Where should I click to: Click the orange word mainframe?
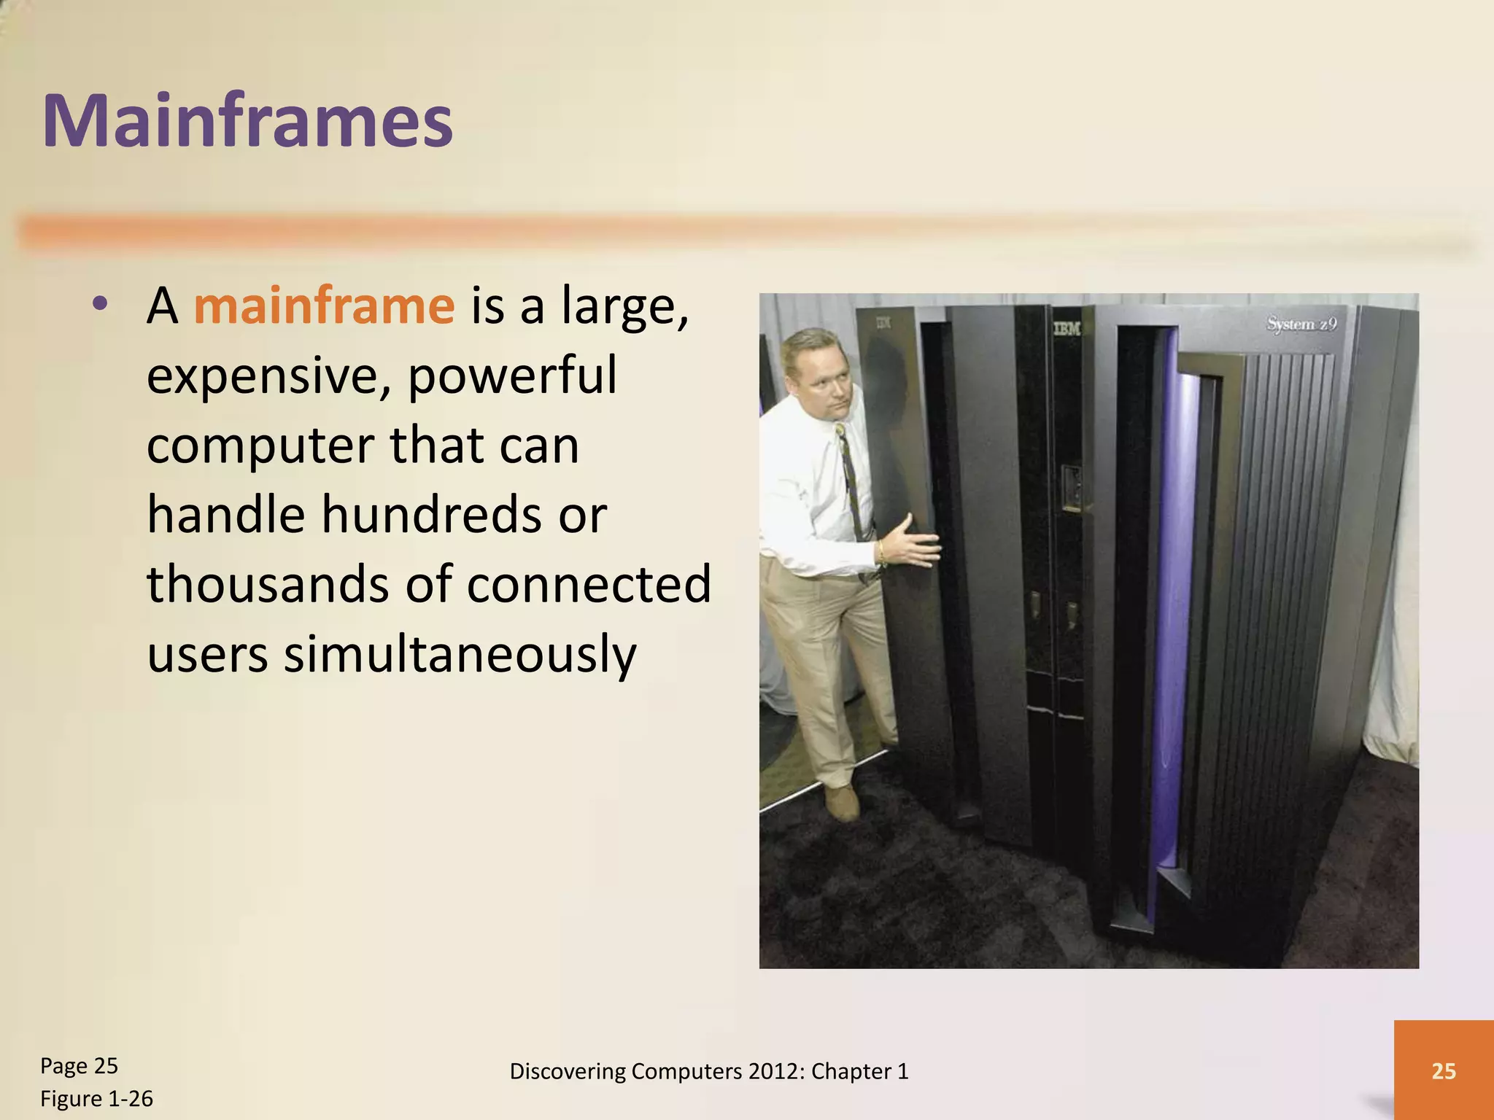click(324, 306)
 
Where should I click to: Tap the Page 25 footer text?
click(79, 1066)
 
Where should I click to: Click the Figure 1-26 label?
click(96, 1099)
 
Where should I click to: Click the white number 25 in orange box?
click(1444, 1071)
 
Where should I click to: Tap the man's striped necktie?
click(850, 481)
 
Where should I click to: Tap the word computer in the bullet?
click(259, 445)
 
